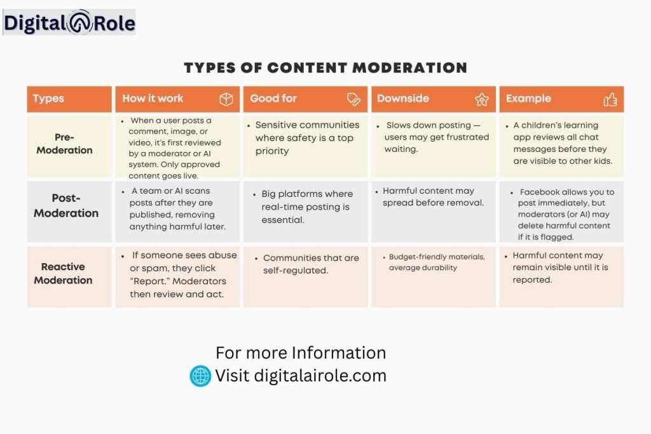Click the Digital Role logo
pos(69,23)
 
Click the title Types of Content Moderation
pos(325,68)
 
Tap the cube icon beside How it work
pos(226,99)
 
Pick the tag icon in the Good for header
pos(354,99)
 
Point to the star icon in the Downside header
pos(481,99)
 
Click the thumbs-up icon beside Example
pos(610,99)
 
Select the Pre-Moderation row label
pos(64,144)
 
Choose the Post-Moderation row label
pos(66,206)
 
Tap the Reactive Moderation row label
pos(63,273)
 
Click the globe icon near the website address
pos(200,376)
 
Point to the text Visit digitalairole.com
pos(301,376)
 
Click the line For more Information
pos(301,353)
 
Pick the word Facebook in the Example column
pos(539,192)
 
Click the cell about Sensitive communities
pos(307,138)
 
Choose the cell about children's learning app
pos(562,143)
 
